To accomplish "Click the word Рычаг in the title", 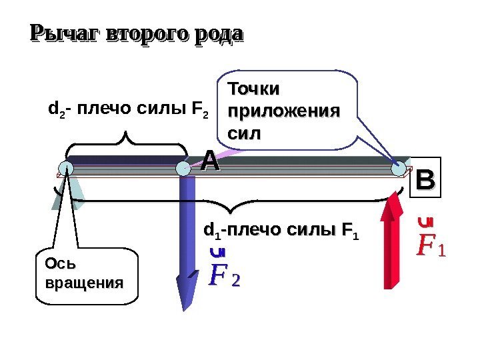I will coord(57,33).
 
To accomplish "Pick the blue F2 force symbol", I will coord(223,274).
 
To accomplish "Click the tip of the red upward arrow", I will coord(394,195).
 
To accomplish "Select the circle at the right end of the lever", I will coord(399,170).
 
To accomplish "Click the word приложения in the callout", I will coord(283,111).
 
